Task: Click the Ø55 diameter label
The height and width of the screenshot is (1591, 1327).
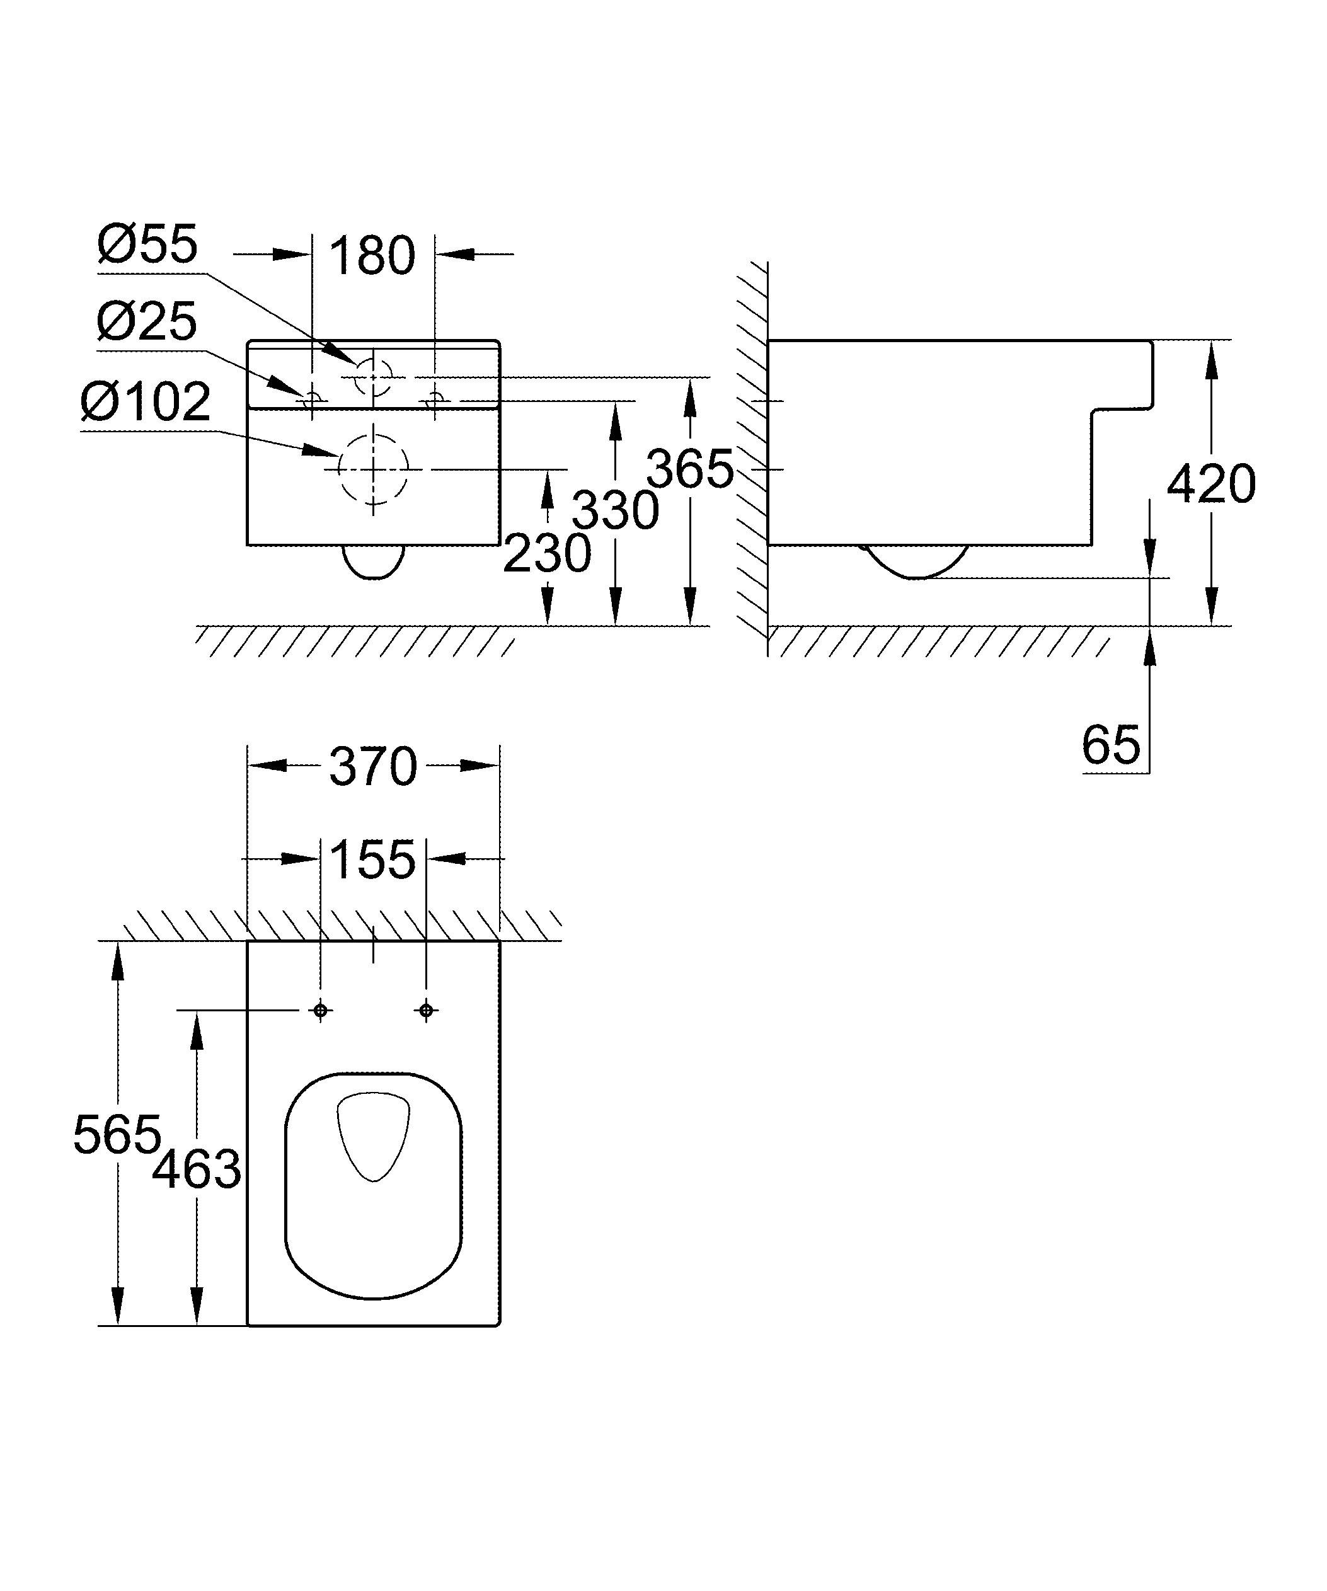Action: (147, 244)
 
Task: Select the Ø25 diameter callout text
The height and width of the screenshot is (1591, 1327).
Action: (147, 322)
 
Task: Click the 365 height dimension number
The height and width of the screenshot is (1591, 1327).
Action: (689, 469)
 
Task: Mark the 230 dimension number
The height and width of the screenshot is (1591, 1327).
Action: (547, 553)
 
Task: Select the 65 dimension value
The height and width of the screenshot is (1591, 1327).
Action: (1110, 745)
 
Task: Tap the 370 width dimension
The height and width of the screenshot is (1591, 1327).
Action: (372, 767)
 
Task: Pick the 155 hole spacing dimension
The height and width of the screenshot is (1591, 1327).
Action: (372, 860)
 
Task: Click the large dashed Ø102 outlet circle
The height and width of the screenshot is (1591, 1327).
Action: (372, 469)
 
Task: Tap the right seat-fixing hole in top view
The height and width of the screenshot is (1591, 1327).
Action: (426, 1011)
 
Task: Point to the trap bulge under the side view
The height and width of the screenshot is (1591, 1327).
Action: (916, 562)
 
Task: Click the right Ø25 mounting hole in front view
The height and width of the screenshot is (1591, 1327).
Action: (435, 398)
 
